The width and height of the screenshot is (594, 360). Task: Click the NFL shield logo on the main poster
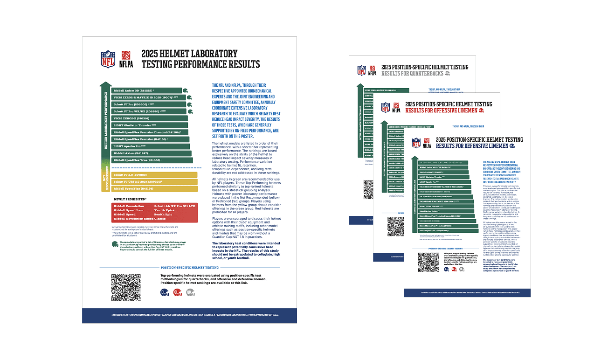[108, 59]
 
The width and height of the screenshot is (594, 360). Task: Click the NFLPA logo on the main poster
[125, 59]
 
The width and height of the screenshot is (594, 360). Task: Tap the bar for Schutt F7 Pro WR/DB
[149, 111]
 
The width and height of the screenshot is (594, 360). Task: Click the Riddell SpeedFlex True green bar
[152, 160]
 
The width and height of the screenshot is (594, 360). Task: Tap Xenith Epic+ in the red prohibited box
[166, 210]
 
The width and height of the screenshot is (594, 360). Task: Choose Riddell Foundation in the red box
[129, 206]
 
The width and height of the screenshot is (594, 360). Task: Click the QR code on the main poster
[126, 288]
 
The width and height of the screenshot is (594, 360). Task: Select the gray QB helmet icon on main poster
[190, 292]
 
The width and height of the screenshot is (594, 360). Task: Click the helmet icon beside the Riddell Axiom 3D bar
[186, 91]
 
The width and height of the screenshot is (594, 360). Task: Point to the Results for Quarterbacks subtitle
[412, 73]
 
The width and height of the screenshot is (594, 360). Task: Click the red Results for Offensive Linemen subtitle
[441, 111]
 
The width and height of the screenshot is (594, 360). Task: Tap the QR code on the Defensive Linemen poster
[428, 262]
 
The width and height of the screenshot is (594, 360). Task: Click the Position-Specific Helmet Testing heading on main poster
[189, 268]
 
